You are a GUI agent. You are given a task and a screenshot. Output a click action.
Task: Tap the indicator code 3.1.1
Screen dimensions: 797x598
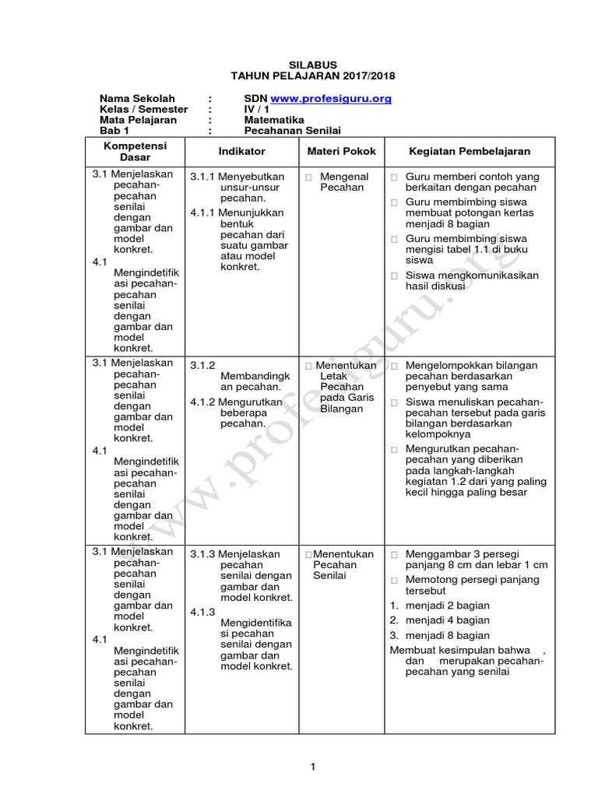coord(204,177)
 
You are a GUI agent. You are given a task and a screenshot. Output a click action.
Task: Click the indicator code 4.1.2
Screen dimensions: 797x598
coord(204,402)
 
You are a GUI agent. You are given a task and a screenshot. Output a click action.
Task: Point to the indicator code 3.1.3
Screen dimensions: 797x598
coord(204,555)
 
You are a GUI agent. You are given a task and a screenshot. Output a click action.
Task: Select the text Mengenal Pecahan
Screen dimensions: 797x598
coord(344,182)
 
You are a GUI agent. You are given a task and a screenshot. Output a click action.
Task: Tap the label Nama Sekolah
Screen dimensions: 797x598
coord(132,99)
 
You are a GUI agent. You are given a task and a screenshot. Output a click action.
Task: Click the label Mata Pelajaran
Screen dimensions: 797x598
coord(138,121)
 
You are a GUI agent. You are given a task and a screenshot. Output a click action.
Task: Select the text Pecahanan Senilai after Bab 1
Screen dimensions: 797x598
coord(293,132)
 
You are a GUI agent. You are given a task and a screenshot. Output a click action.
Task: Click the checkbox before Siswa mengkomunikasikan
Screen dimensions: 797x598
coord(395,276)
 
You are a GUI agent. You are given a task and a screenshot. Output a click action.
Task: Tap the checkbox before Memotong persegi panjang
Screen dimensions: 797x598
coord(395,581)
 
